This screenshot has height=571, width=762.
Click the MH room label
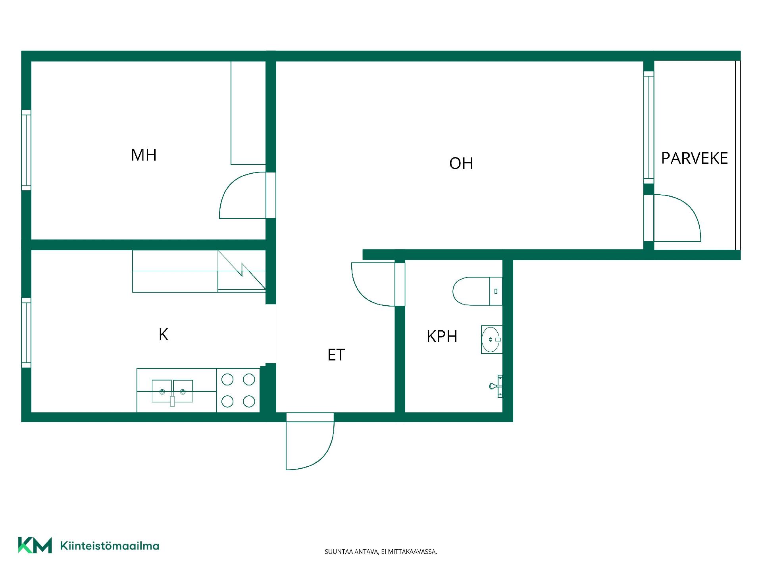coord(144,155)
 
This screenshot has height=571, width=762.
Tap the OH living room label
coord(461,163)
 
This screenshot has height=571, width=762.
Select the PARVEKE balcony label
coord(695,158)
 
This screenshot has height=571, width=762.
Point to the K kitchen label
coord(163,335)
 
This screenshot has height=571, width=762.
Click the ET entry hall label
coord(336,355)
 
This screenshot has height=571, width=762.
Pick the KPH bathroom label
coord(442,336)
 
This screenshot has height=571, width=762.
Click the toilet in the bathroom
coord(477,291)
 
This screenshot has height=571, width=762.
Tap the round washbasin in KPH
coord(492,339)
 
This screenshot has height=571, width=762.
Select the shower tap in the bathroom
coord(496,386)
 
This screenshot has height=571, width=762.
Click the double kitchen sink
coord(172,392)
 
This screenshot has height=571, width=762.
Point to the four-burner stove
coord(238,391)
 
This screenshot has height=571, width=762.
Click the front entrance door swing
coord(310,441)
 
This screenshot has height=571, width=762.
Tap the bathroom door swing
coord(373,284)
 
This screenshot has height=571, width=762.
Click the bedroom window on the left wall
coord(26,150)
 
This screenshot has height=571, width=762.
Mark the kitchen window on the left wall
coord(26,333)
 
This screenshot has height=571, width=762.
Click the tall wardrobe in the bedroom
coord(248,113)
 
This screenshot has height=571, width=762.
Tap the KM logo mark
coord(35,545)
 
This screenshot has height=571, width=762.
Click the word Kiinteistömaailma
coord(110,546)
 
